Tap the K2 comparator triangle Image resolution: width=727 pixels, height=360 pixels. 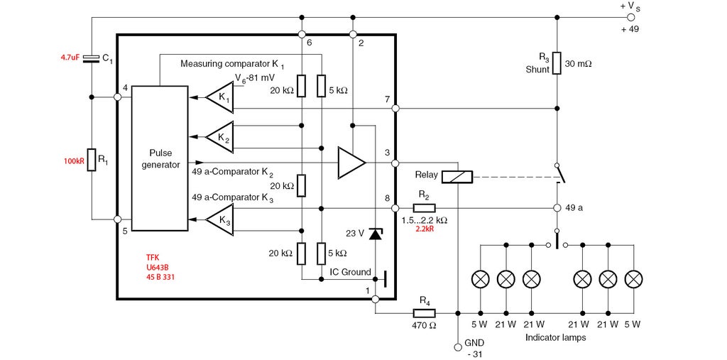point(219,136)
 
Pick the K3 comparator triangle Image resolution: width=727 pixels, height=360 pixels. point(219,221)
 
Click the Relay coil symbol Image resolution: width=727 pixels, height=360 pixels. point(457,177)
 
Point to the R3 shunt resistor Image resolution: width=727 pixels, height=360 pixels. point(557,62)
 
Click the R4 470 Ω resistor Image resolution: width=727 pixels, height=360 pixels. point(424,312)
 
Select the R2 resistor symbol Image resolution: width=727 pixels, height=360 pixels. point(424,208)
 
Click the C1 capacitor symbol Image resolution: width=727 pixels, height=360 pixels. point(92,59)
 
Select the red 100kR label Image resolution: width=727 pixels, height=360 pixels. point(74,161)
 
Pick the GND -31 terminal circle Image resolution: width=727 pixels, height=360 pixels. point(458,347)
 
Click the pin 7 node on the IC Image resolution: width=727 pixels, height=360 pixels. point(395,109)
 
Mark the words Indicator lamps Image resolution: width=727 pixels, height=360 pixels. point(555,337)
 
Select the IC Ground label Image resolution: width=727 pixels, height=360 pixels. point(350,272)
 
